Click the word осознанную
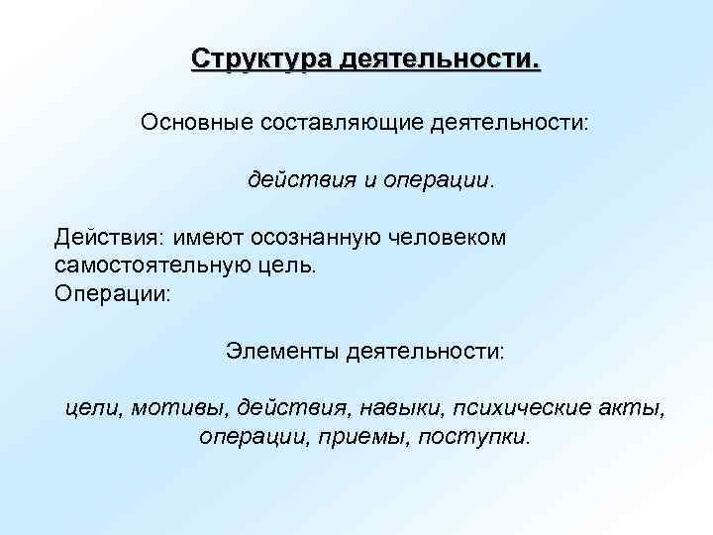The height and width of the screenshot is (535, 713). (x=320, y=238)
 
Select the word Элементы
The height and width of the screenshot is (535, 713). (x=278, y=351)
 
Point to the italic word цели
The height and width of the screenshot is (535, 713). (x=92, y=408)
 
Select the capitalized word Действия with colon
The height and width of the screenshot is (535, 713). (x=109, y=238)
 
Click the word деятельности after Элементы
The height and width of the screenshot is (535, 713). (x=425, y=351)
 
